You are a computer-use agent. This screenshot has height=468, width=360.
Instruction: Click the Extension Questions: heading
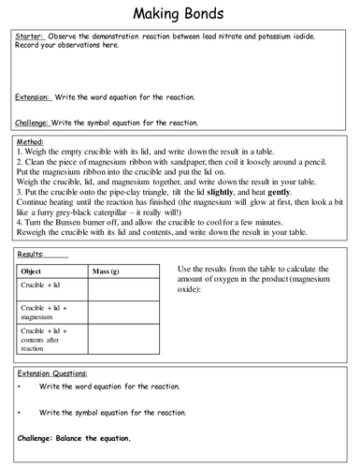55,373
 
